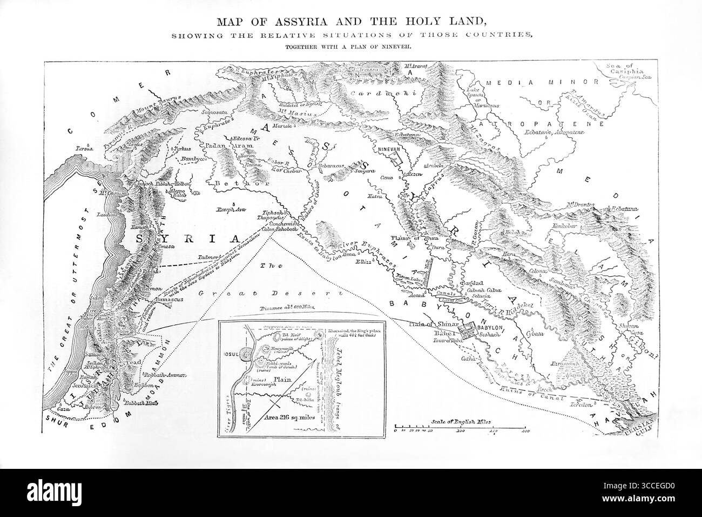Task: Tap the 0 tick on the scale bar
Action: pos(396,431)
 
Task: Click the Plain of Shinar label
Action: pos(426,324)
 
